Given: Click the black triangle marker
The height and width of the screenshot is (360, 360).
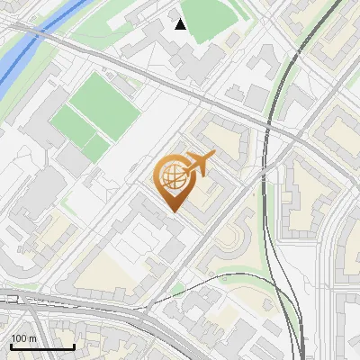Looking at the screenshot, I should click(x=181, y=24).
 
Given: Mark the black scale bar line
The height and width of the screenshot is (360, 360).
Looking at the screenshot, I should click(x=41, y=347).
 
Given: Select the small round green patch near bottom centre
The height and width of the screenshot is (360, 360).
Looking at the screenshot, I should click(x=177, y=290).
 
